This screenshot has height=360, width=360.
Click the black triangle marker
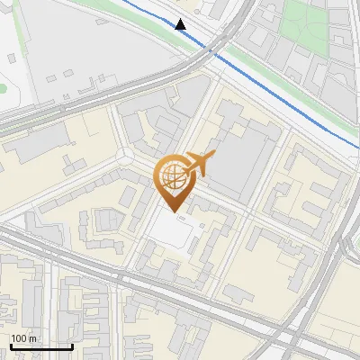[x=181, y=24]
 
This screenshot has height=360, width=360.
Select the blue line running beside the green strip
[x=270, y=91]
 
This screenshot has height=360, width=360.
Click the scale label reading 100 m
[x=23, y=338]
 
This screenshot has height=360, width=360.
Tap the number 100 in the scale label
[x=19, y=338]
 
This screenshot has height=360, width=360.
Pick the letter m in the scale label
[x=32, y=338]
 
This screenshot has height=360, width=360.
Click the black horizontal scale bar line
[x=40, y=346]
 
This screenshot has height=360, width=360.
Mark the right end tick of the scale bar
[x=72, y=345]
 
